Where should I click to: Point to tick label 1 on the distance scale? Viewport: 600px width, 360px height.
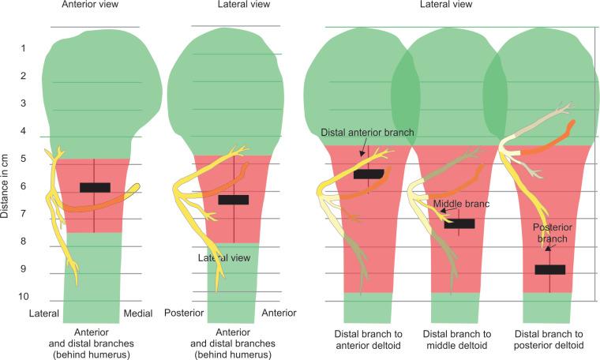[x=24, y=48]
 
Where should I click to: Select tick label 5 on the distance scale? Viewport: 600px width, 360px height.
[x=24, y=159]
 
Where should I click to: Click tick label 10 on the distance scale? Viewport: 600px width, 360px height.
[x=24, y=297]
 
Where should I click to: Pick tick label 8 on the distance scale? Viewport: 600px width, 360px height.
[x=24, y=242]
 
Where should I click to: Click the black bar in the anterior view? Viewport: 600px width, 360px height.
[x=96, y=187]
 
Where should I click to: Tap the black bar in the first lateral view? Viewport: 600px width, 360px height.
[x=234, y=200]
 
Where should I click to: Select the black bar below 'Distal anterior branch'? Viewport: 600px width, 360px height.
[x=369, y=174]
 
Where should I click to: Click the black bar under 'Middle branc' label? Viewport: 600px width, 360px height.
[x=459, y=223]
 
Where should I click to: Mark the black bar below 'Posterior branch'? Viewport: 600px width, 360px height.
[x=550, y=269]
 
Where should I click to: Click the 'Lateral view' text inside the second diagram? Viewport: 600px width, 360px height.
[x=224, y=257]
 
